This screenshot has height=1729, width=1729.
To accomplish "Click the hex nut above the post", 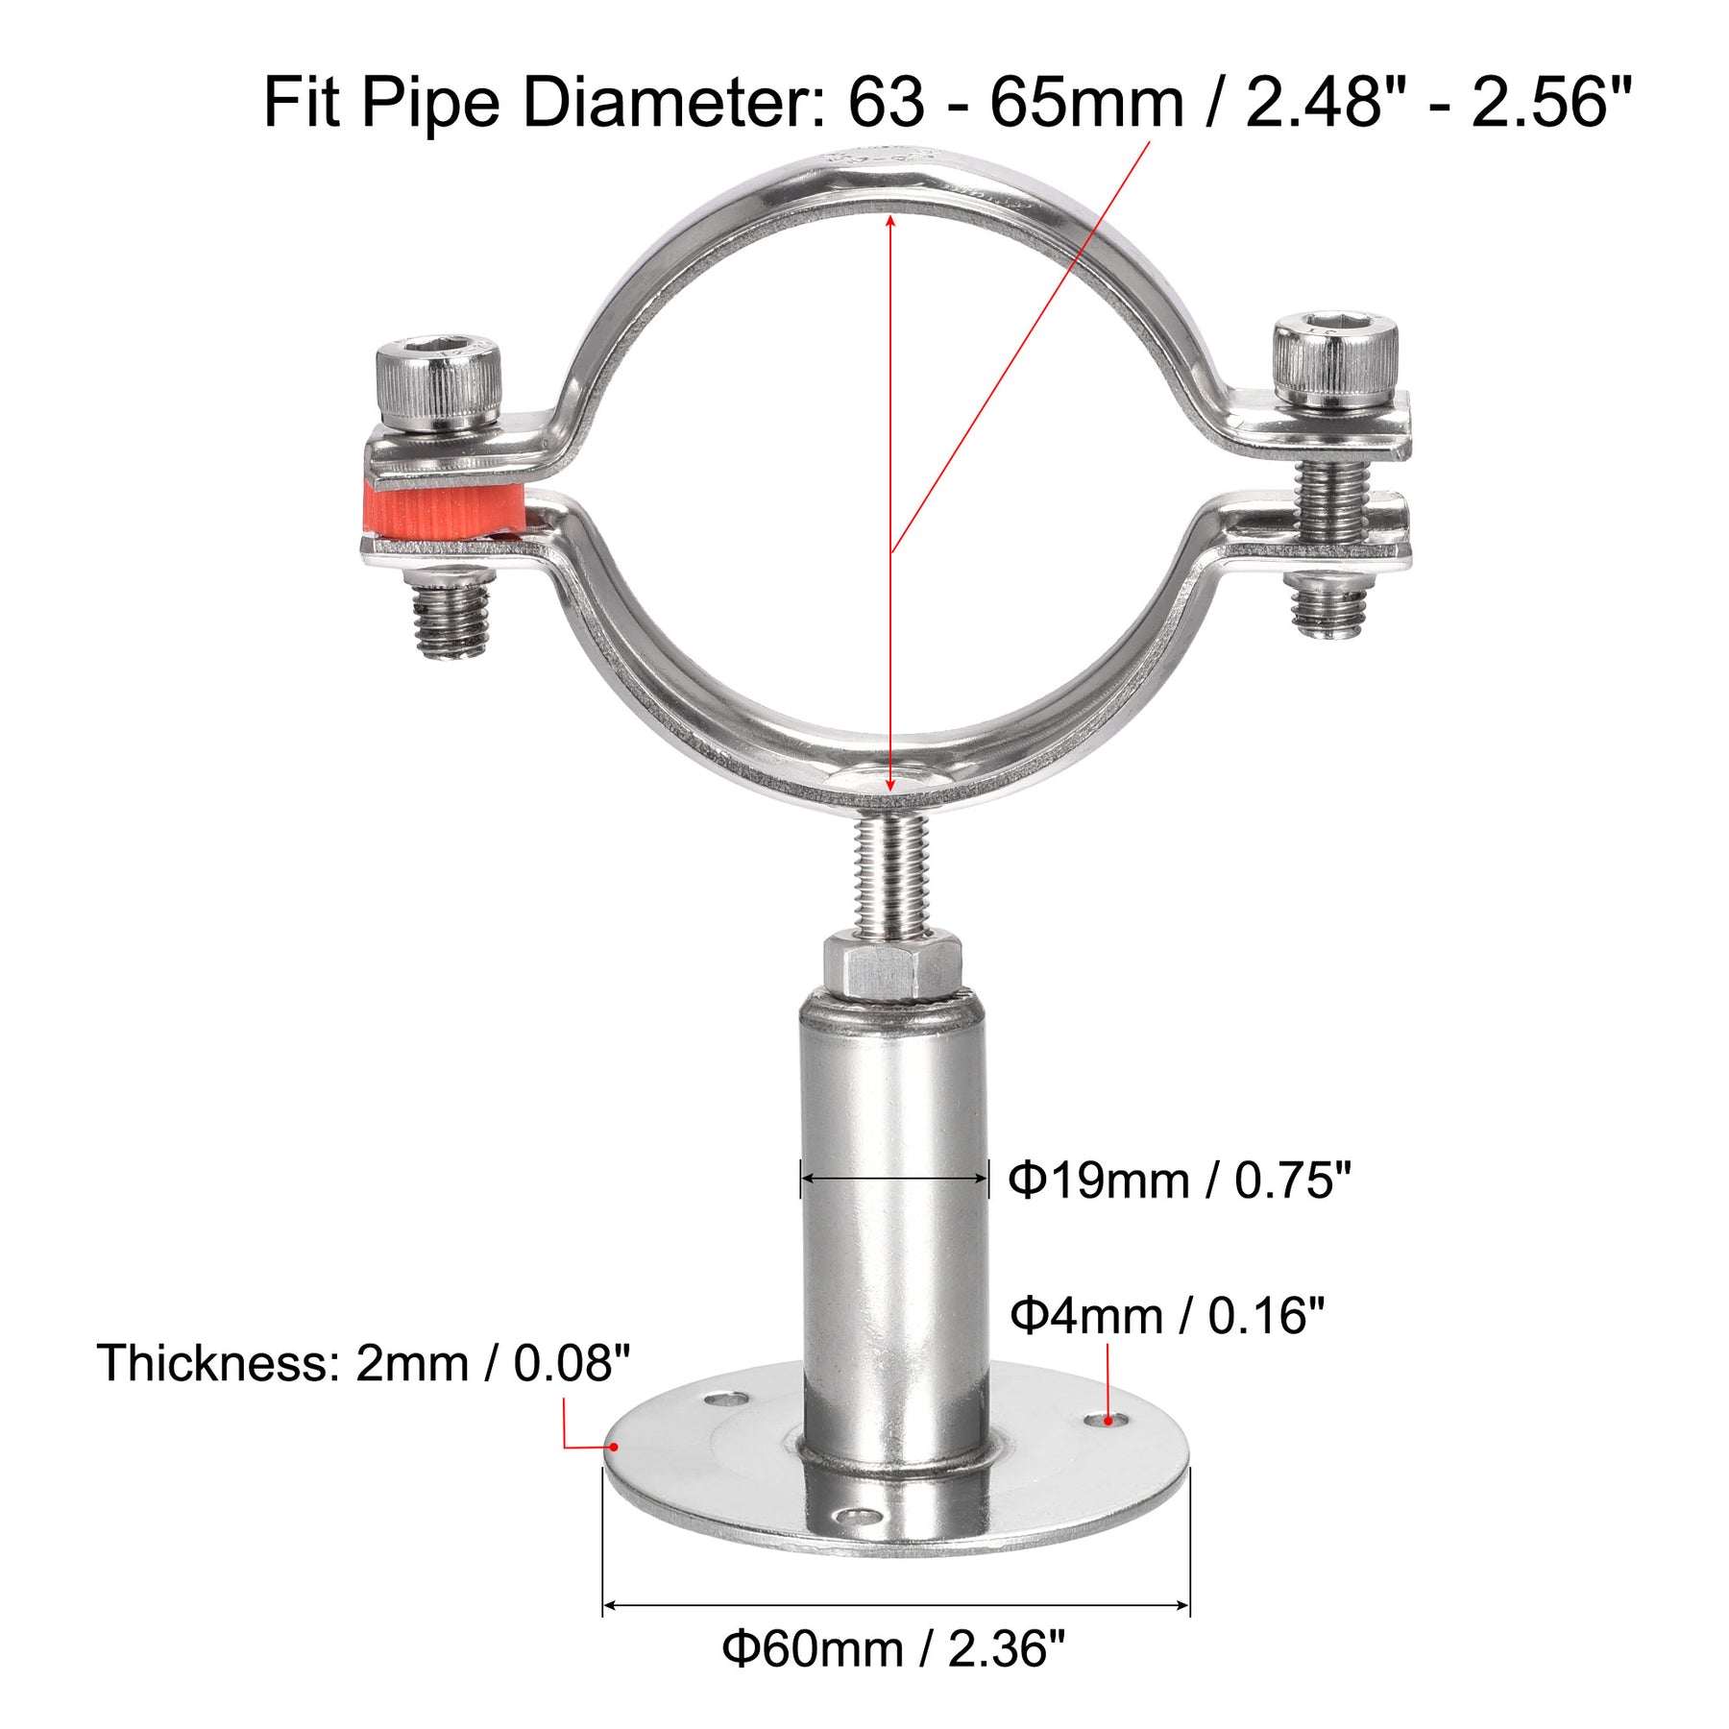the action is point(892,968).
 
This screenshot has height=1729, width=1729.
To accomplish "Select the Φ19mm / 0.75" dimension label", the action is point(1180,1180).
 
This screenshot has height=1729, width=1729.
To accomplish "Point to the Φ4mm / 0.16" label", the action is point(1167,1315).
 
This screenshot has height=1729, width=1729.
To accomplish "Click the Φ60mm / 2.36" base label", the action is point(894,1648).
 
